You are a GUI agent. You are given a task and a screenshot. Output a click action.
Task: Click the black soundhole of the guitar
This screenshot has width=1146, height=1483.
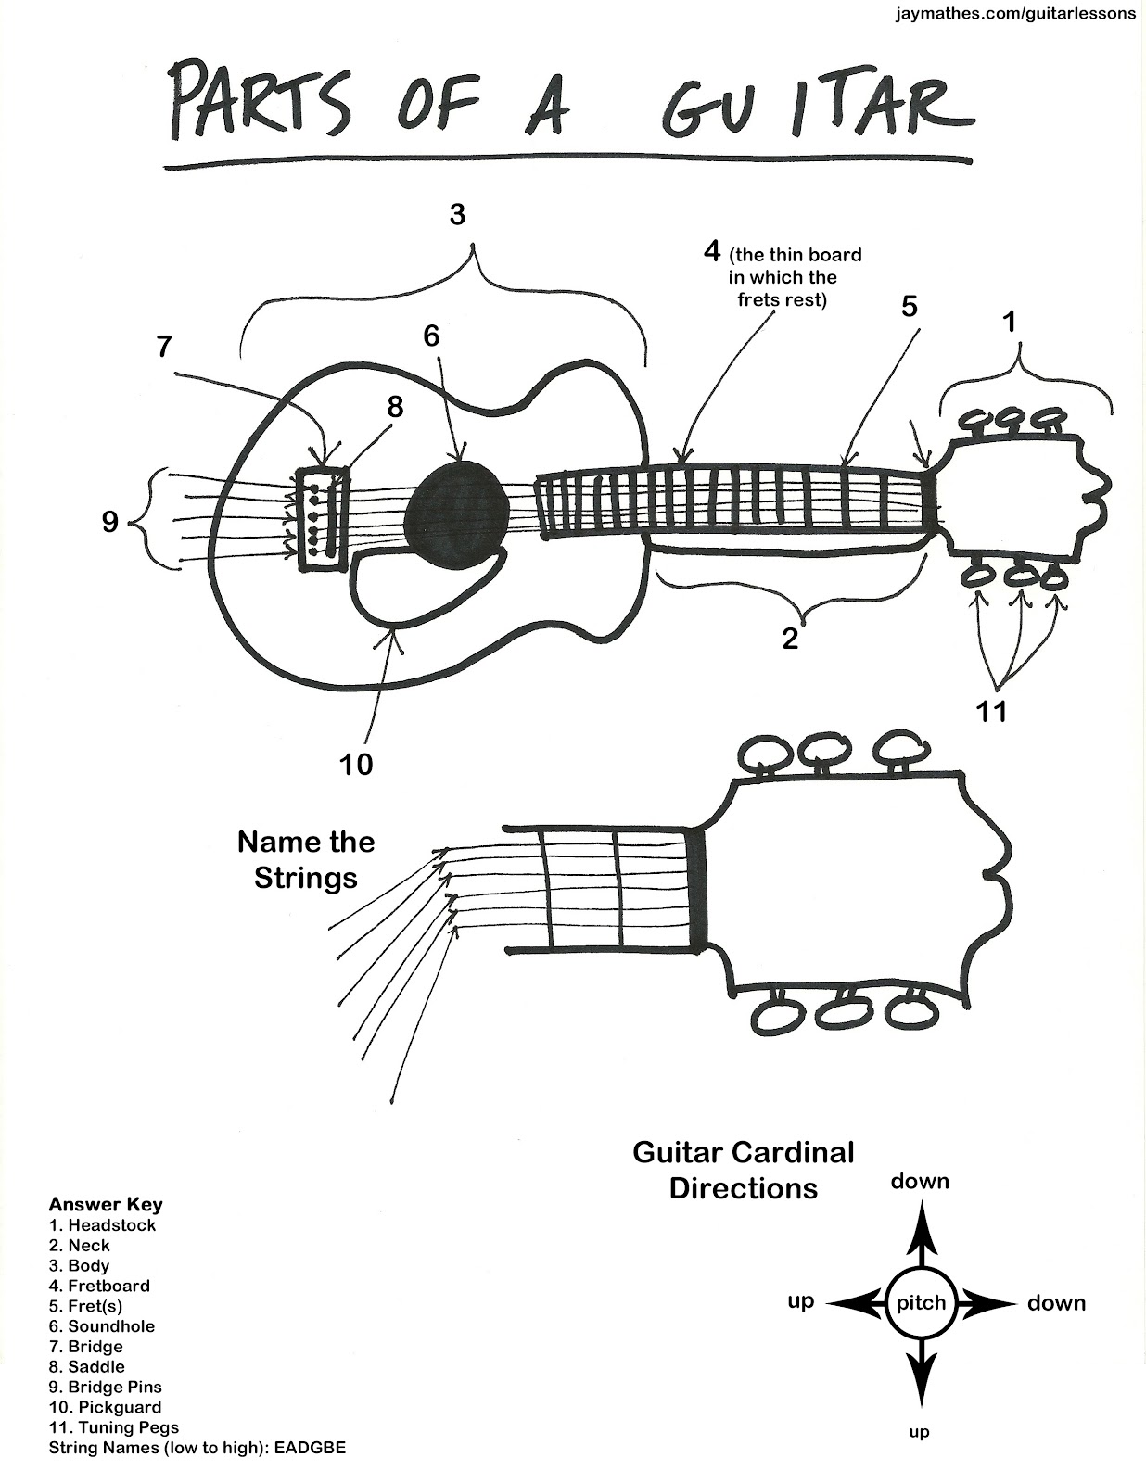coord(457,510)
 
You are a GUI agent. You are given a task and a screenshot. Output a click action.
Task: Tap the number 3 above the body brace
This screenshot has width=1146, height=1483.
coord(457,215)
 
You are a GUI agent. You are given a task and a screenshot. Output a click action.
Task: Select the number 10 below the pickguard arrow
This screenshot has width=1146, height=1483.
coord(355,765)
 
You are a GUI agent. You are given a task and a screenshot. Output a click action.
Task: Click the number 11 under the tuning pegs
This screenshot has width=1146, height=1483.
coord(991,712)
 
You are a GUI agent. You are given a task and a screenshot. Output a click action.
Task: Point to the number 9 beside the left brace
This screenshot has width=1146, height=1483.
coord(110,523)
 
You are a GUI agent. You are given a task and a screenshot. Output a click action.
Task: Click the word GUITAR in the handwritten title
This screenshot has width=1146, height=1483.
coord(816,104)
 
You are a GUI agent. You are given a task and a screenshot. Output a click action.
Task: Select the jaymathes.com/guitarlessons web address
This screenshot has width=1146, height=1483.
coord(1015,15)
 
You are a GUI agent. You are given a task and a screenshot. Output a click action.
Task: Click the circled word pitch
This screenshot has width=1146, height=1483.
coord(920,1303)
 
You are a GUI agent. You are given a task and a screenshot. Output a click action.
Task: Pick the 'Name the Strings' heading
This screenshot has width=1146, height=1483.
coord(306,859)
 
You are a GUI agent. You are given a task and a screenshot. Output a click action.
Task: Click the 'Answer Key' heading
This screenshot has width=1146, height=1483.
coord(106,1204)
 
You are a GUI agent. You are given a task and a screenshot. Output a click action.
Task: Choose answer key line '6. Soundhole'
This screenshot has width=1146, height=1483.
coord(102,1326)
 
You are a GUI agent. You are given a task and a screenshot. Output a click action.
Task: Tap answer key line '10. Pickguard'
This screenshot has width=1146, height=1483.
coord(105,1407)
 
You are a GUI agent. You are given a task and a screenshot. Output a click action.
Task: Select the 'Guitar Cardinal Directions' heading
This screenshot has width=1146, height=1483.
coord(744,1170)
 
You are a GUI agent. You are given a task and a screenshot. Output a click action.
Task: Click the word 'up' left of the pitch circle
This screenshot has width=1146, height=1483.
coord(800,1301)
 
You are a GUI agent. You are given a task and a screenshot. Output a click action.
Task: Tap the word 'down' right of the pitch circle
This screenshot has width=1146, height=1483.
coord(1056,1303)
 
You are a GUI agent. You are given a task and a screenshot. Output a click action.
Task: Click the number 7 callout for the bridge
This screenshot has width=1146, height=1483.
coord(164,347)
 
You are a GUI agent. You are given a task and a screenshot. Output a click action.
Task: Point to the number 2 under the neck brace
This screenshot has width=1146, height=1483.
coord(790,639)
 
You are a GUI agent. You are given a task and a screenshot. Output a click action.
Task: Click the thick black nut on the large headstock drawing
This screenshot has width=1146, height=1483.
coord(698,890)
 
